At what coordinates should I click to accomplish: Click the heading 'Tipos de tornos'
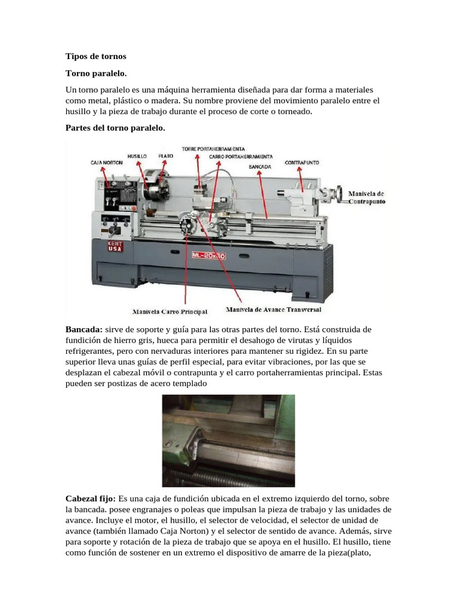click(x=95, y=57)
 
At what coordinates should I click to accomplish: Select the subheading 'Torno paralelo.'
click(x=95, y=73)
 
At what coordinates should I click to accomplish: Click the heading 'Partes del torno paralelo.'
click(x=114, y=128)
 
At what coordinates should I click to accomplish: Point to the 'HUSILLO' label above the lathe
click(x=137, y=155)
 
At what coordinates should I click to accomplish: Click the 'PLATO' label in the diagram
click(x=166, y=155)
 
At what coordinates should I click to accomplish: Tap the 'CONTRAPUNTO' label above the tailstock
click(x=301, y=162)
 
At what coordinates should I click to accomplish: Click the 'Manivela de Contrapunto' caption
click(x=366, y=198)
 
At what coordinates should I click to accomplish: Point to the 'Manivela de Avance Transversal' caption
click(x=274, y=310)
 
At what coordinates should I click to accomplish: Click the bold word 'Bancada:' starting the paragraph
click(x=83, y=329)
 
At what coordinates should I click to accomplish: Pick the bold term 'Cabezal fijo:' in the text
click(x=91, y=498)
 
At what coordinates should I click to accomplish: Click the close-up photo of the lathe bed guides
click(x=228, y=441)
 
